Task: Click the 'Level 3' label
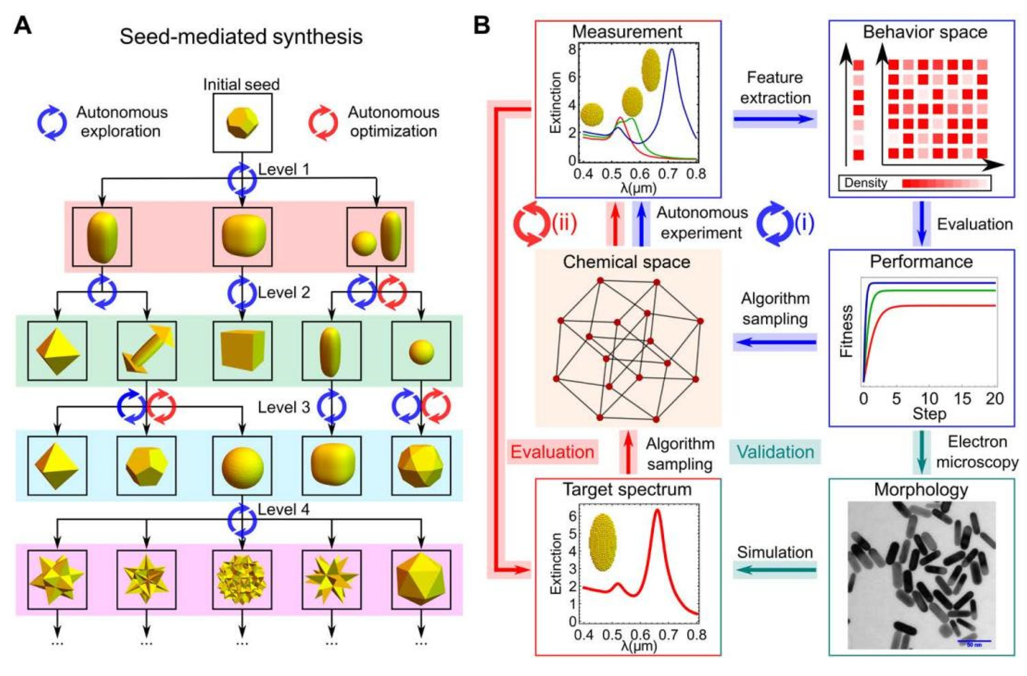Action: tap(283, 407)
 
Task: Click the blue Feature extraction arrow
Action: tap(775, 119)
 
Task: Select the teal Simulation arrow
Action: tap(775, 571)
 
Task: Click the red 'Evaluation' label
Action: tap(552, 452)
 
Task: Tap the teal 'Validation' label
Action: tap(775, 452)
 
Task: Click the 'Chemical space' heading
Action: tap(627, 262)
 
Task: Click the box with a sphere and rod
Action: tap(377, 236)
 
